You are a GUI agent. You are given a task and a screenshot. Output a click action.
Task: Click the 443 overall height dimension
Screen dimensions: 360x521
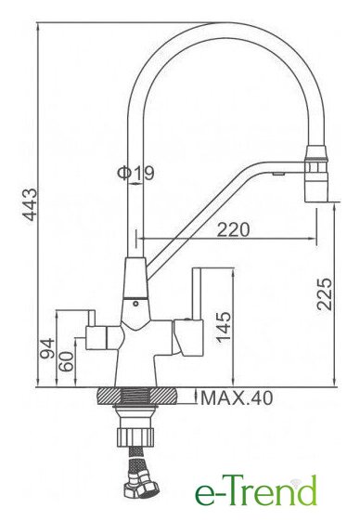click(30, 204)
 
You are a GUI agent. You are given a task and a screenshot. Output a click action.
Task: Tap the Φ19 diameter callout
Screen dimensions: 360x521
click(135, 173)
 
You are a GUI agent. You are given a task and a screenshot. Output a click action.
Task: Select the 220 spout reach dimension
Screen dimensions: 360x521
click(233, 229)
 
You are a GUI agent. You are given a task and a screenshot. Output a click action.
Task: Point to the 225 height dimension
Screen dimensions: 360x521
click(324, 294)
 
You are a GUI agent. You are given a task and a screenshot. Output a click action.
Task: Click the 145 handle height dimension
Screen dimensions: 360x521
click(224, 327)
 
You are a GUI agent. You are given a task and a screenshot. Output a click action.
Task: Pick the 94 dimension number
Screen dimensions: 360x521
click(47, 348)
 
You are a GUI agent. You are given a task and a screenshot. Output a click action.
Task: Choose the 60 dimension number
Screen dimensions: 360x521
click(66, 362)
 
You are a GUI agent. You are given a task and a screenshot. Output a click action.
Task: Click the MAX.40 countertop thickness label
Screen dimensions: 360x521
click(237, 397)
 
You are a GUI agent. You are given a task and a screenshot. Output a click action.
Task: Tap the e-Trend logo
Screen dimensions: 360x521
click(256, 490)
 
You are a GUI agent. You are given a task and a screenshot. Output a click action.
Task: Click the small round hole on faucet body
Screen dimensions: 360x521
click(135, 304)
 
